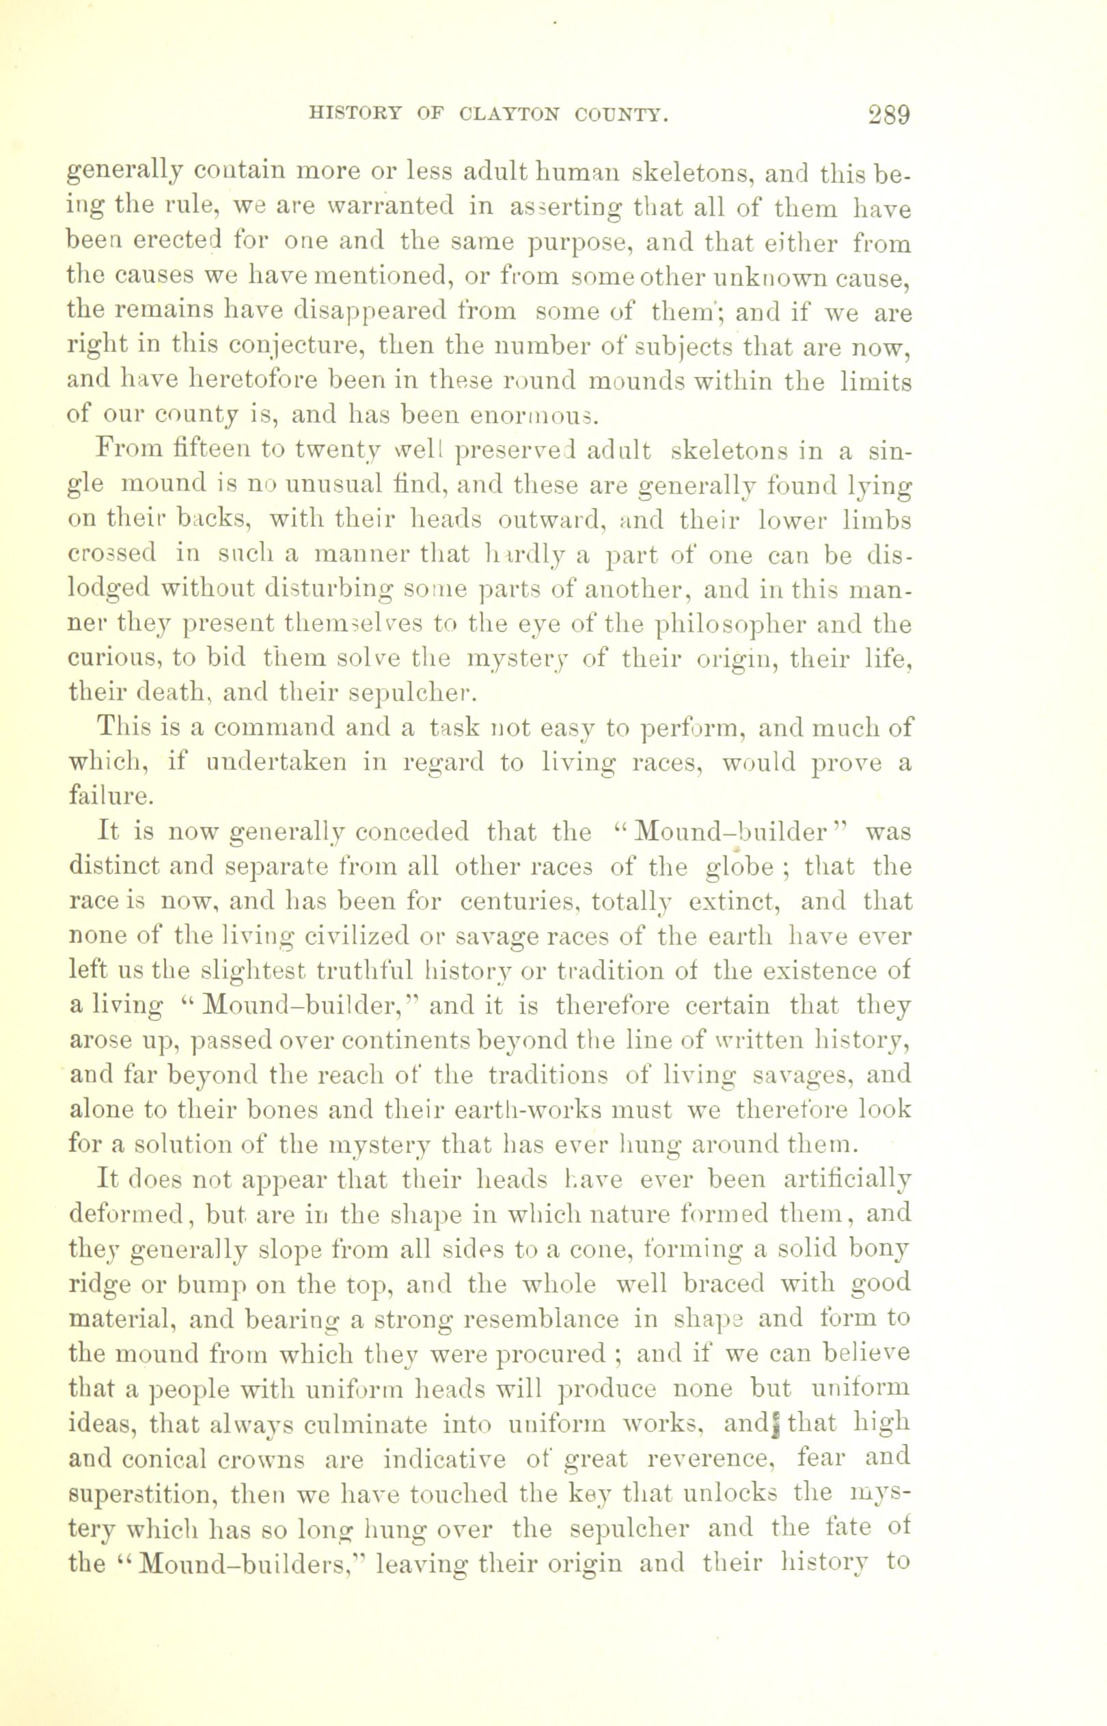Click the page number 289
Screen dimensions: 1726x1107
[x=889, y=115]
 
